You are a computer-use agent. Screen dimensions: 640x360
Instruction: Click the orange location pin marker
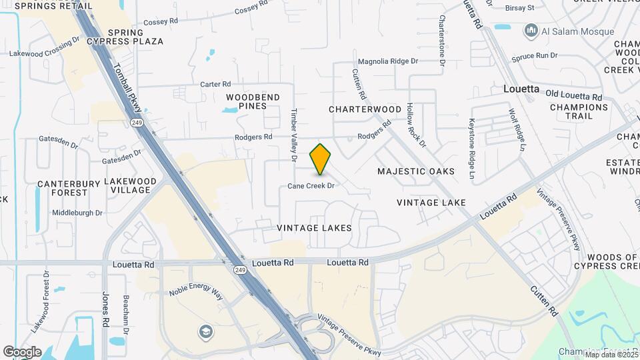tap(320, 159)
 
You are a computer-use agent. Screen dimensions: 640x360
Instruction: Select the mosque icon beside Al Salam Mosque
tap(531, 30)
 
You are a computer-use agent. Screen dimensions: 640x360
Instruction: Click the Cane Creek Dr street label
tap(311, 186)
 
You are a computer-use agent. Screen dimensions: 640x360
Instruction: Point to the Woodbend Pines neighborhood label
tap(253, 101)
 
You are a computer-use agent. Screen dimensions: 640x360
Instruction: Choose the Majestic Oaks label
tap(416, 171)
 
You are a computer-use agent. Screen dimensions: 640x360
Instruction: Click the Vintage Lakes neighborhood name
tap(315, 228)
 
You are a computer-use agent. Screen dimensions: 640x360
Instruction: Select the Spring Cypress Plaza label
tap(135, 37)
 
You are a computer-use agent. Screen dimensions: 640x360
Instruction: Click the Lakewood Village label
tap(130, 185)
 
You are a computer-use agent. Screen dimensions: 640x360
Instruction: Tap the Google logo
tap(22, 352)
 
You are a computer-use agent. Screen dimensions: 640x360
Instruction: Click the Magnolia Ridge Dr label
tap(388, 61)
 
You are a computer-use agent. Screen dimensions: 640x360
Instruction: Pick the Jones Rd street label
tap(105, 309)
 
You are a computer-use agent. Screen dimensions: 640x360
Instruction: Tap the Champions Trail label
tap(579, 111)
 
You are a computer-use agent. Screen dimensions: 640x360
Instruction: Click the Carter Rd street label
tap(215, 85)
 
